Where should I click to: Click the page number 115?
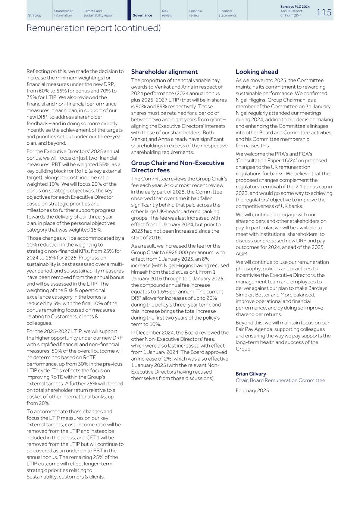point(324,12)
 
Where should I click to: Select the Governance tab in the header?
point(142,15)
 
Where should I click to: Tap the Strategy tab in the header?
point(35,15)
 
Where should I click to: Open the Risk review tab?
point(167,13)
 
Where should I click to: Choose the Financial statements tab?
point(228,13)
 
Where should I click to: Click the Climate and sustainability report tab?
point(98,13)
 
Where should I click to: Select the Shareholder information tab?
point(63,13)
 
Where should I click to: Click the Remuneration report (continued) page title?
point(93,28)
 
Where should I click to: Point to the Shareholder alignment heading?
point(164,72)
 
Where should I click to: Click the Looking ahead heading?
point(257,72)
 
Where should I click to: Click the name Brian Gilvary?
point(251,374)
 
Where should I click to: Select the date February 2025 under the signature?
point(252,390)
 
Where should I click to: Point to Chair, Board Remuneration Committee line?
point(280,380)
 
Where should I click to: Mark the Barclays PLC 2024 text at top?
point(295,7)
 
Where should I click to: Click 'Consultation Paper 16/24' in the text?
point(266,160)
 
